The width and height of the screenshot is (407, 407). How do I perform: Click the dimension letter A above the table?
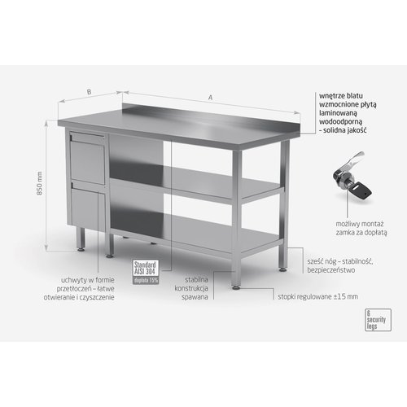coord(211,98)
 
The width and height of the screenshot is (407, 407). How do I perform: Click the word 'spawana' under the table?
coord(196,299)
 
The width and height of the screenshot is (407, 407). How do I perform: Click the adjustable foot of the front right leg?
coord(236,285)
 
